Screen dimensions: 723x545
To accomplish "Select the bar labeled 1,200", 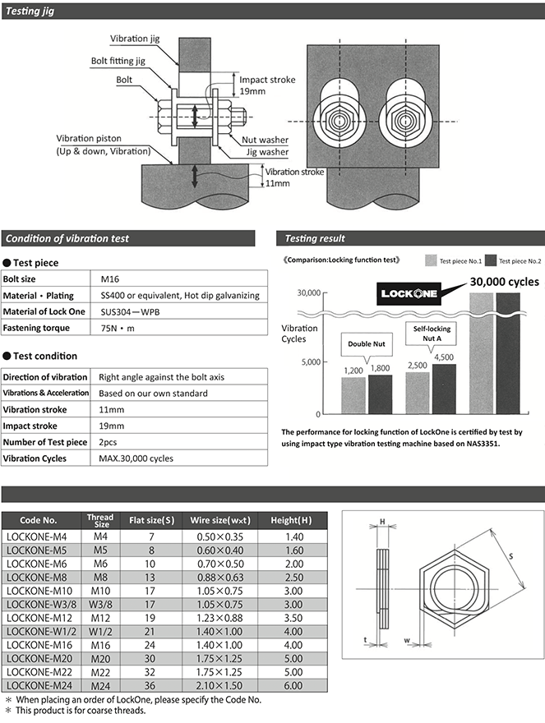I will click(353, 394).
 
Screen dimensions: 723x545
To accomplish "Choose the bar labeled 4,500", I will click(444, 387).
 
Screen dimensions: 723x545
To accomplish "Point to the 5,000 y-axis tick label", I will click(308, 361).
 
